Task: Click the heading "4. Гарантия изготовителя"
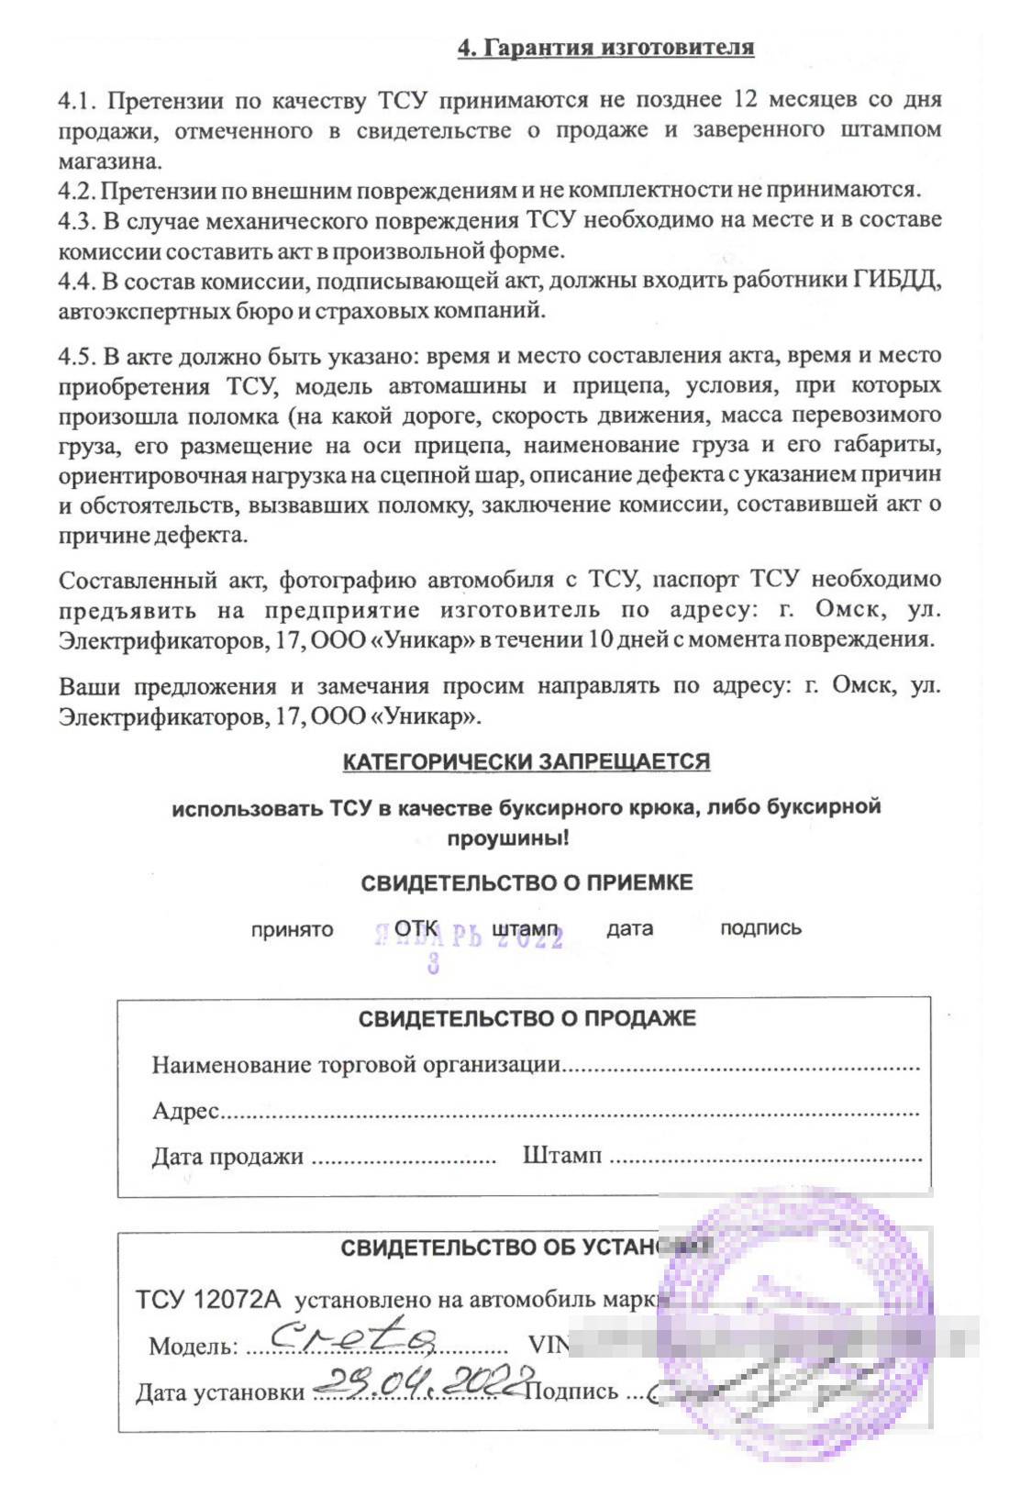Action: [605, 47]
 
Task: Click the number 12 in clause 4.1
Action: [744, 99]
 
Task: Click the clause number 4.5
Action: [76, 356]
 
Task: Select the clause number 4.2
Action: [76, 190]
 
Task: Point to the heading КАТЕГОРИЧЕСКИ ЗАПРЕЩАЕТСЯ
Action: [526, 761]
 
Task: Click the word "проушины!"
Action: [507, 837]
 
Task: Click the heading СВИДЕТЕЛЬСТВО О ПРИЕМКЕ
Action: [527, 882]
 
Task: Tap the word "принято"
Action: [292, 929]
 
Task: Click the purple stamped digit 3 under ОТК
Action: [433, 963]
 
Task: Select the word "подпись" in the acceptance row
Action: [760, 927]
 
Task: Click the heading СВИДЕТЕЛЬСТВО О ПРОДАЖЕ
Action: [527, 1018]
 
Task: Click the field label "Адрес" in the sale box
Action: [185, 1111]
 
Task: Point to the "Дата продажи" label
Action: [227, 1156]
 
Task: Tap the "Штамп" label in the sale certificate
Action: [561, 1155]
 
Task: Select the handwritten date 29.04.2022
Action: [424, 1380]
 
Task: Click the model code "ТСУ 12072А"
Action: [208, 1299]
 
